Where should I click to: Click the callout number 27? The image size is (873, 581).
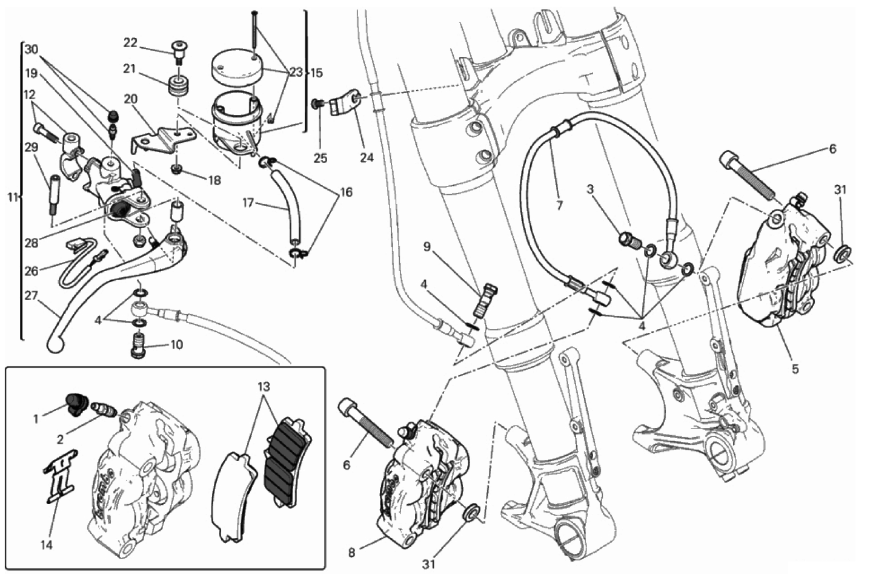31,297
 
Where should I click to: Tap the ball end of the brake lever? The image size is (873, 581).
53,346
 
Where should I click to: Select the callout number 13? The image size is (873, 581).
264,387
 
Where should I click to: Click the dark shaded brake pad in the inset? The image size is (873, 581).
288,462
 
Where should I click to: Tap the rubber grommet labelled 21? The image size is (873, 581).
179,91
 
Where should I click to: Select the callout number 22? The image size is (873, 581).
131,43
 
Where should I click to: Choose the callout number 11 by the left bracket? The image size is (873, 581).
13,197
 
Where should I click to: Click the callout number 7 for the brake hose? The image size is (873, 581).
559,205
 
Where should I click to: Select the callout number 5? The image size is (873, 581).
795,369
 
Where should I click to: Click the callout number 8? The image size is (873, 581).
352,553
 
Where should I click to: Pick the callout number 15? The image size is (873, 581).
317,73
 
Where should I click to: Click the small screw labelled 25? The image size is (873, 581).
317,103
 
